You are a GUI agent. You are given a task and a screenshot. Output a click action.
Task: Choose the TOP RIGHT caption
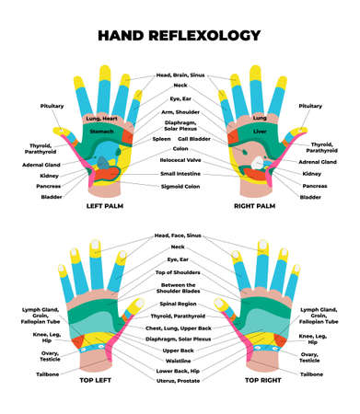click(262, 378)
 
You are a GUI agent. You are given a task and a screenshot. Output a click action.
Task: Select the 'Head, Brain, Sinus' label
click(180, 75)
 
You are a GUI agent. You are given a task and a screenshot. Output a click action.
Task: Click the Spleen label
click(162, 139)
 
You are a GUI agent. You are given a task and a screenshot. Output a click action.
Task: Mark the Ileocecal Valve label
click(180, 160)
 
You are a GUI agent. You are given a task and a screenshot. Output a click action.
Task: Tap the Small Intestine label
click(180, 172)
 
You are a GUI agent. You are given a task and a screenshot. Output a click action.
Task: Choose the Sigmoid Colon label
click(180, 185)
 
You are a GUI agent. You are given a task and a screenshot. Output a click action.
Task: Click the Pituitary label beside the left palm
click(52, 106)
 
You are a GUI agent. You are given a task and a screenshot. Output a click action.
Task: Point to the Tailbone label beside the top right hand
click(311, 374)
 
